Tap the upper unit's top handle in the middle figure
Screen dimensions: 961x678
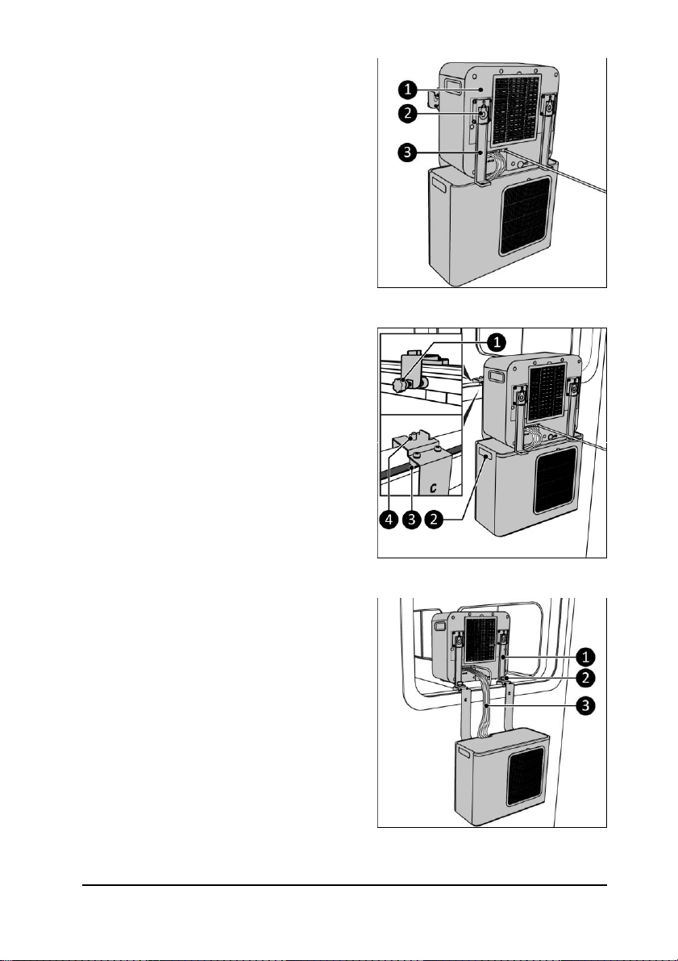pos(494,376)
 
